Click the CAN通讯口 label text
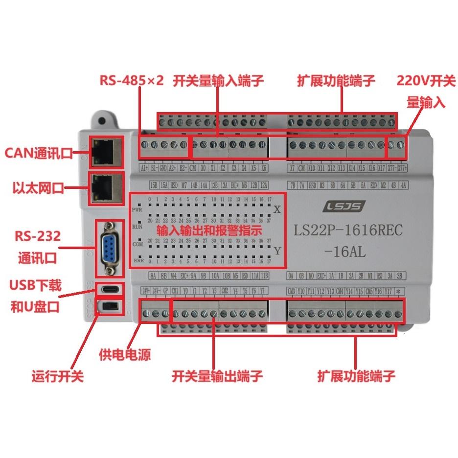[39, 154]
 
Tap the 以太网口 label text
[39, 188]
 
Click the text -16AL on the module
[345, 252]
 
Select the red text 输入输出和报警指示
[209, 230]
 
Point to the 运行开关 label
[57, 376]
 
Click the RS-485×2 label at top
[131, 81]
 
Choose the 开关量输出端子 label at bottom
[218, 376]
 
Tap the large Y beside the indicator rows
[277, 251]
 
